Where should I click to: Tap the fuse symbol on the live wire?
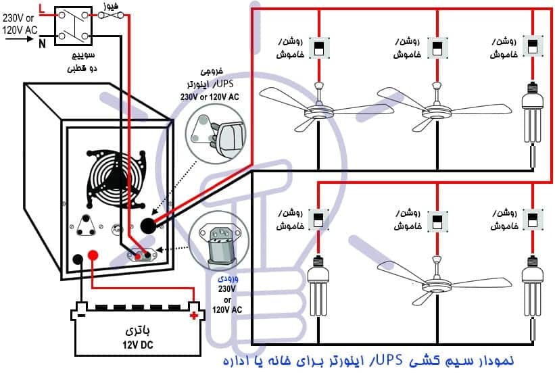tap(107, 14)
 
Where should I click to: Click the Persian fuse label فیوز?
tap(108, 5)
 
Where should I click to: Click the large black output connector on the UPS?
tap(148, 224)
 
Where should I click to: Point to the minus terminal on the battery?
tap(80, 315)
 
